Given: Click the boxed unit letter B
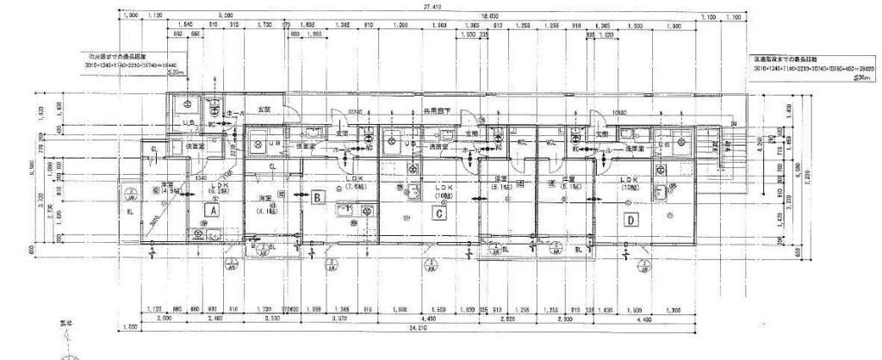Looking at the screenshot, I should [318, 197].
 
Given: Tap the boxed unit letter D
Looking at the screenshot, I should [630, 220].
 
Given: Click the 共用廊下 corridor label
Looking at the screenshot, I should [437, 111].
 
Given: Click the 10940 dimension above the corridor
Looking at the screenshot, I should [353, 111].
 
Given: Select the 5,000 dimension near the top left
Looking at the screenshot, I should [226, 16].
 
